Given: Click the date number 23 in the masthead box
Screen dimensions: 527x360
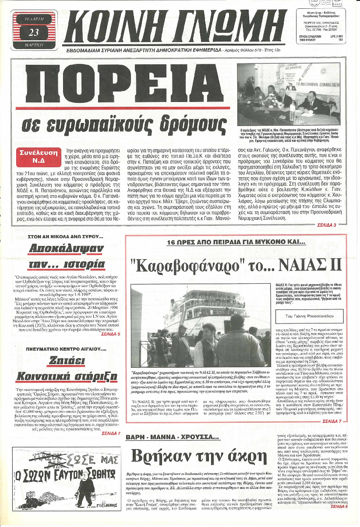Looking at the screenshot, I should pyautogui.click(x=33, y=32).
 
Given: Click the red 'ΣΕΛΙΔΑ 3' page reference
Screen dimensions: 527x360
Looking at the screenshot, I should pyautogui.click(x=326, y=225).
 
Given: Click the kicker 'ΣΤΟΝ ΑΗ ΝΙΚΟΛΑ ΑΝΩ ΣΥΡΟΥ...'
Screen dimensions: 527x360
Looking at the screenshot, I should pyautogui.click(x=65, y=236).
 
